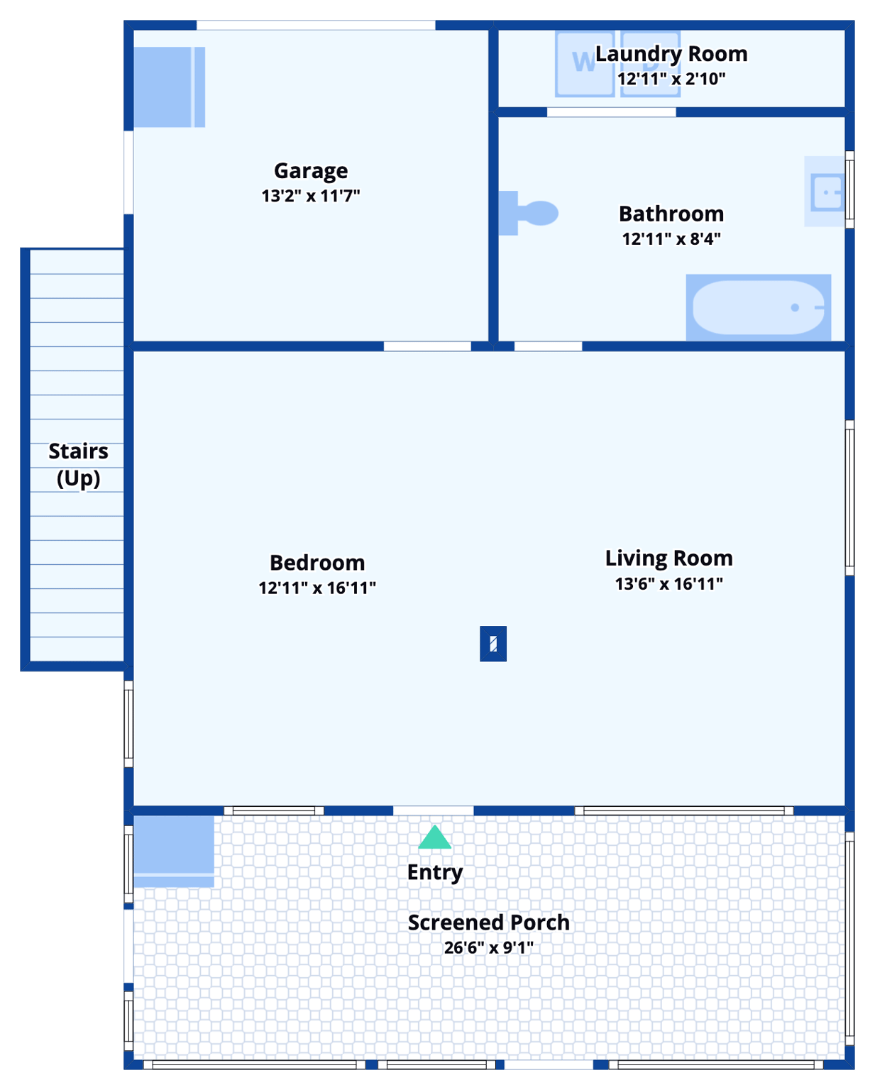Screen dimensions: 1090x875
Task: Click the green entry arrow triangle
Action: (434, 838)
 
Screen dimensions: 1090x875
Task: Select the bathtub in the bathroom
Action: (758, 307)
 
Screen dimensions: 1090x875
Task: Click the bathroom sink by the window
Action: (827, 192)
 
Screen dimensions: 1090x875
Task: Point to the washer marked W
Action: (584, 64)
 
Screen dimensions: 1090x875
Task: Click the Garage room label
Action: (311, 171)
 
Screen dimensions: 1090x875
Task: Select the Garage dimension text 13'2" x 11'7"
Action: (311, 196)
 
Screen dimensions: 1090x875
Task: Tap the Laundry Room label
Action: (671, 54)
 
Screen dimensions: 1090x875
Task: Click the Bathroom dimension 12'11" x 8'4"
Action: (671, 239)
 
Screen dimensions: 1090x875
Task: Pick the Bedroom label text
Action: (317, 563)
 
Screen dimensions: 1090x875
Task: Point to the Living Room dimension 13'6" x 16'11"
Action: (668, 584)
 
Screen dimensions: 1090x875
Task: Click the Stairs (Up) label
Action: (78, 465)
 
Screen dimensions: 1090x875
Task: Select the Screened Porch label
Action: (488, 923)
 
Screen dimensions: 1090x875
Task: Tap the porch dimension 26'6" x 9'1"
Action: (488, 947)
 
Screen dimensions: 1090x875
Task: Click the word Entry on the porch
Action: (434, 872)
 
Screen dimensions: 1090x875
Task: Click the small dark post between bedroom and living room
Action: (493, 644)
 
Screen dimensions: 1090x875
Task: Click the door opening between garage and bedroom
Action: (427, 346)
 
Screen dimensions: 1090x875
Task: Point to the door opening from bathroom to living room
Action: (548, 346)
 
